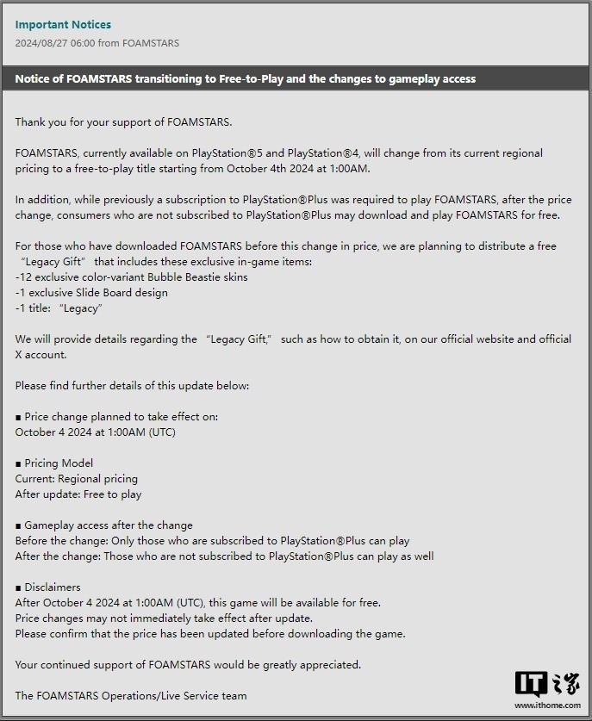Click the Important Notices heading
(63, 24)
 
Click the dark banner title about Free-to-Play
(246, 78)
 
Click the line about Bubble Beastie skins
(132, 277)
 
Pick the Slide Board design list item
(91, 292)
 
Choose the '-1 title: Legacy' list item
(59, 308)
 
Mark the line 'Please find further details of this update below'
(132, 385)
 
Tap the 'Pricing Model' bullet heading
(54, 463)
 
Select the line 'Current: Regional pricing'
(77, 478)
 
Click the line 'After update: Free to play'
(78, 494)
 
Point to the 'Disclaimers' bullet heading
(48, 587)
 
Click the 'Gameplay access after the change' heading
(104, 525)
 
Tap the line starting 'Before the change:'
(212, 540)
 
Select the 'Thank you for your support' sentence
(123, 121)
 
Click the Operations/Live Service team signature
(131, 695)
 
